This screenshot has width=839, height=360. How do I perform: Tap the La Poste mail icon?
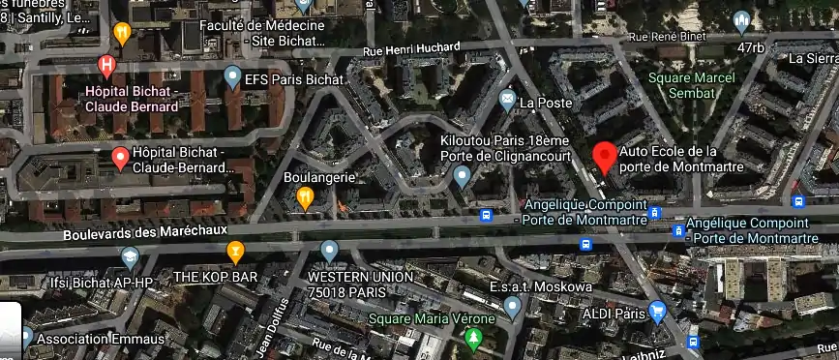507,99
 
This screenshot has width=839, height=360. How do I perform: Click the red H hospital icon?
108,66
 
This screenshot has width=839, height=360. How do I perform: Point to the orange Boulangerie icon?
305,198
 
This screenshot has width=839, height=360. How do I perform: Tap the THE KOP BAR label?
215,278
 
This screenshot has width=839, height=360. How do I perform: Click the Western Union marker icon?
330,253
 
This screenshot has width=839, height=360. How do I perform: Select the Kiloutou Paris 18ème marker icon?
462,177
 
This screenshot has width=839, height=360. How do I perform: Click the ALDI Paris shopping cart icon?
658,312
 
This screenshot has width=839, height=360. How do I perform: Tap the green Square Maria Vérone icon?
473,339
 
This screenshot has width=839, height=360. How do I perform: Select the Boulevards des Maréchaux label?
144,232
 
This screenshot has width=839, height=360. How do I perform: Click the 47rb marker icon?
741,20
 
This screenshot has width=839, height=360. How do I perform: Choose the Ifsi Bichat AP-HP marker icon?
130,256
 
